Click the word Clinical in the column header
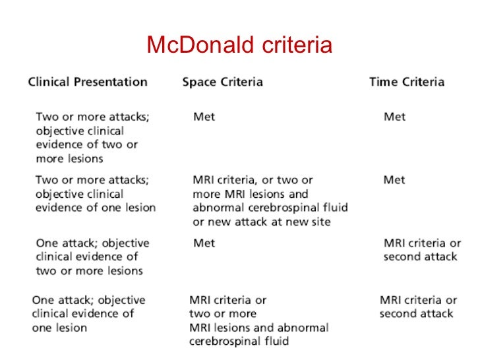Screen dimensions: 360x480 [48, 82]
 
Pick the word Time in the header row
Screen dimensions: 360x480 [383, 82]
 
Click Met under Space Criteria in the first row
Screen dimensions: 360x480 [204, 117]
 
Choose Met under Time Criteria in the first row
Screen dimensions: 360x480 [394, 117]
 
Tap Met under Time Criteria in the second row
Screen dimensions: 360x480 [394, 180]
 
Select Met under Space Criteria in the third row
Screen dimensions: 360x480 [204, 243]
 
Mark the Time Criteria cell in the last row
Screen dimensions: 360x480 [418, 307]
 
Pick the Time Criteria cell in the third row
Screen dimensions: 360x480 [422, 250]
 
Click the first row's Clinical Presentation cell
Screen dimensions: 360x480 [92, 137]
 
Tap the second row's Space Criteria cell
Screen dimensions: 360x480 [270, 200]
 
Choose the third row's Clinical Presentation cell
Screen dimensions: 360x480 [92, 257]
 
